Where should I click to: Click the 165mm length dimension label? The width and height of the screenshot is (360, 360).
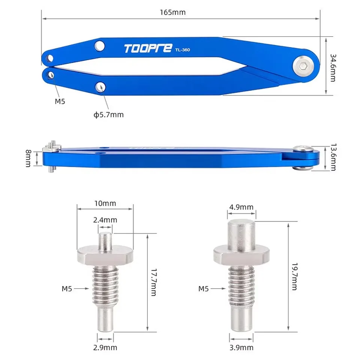pos(172,12)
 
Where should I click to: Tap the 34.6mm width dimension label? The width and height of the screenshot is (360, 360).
pos(333,68)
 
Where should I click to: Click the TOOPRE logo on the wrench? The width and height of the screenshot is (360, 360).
pos(148,48)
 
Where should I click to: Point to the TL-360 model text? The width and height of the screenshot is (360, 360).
pos(183,50)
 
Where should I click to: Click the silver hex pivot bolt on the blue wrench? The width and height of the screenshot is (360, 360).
pos(303,66)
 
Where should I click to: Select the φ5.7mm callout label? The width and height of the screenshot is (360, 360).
pos(109,115)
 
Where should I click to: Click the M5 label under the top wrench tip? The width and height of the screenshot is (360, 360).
pos(60,101)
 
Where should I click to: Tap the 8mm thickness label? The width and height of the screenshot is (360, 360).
pos(28,158)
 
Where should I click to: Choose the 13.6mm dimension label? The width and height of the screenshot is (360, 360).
pos(333,157)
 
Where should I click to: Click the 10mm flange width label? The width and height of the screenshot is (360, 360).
pos(105,203)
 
